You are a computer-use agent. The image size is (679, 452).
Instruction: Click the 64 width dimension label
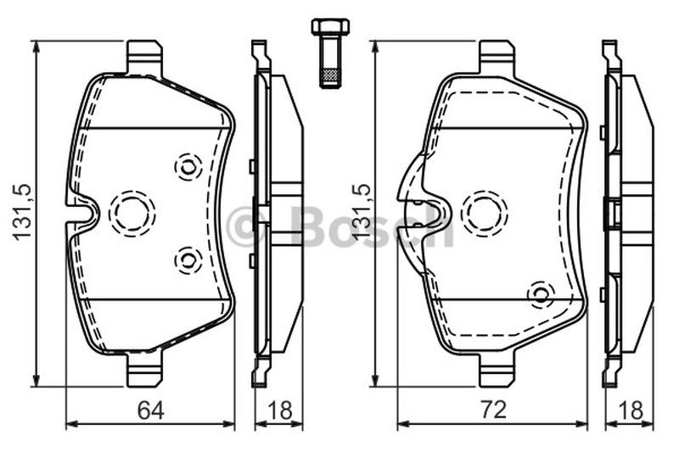pyautogui.click(x=151, y=410)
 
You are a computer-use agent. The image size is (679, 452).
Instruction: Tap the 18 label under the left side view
pyautogui.click(x=280, y=410)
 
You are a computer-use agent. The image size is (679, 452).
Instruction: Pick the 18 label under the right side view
pyautogui.click(x=631, y=410)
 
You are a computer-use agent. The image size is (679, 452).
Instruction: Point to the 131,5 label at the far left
pyautogui.click(x=22, y=211)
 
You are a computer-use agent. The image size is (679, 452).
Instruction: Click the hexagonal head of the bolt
pyautogui.click(x=331, y=26)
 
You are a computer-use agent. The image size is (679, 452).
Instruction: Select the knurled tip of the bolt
pyautogui.click(x=331, y=77)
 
